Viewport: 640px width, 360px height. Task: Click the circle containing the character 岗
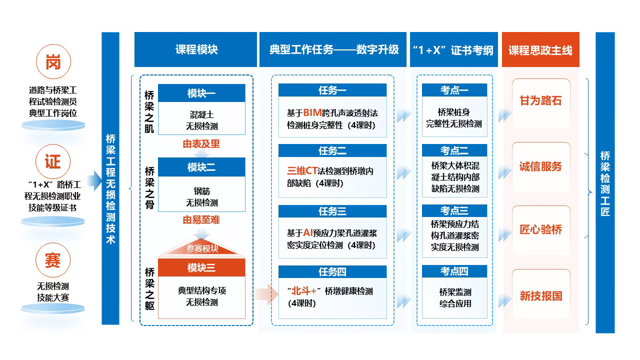[x=53, y=61]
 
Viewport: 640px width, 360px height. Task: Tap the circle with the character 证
[x=53, y=161]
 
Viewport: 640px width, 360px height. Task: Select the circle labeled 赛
[x=53, y=260]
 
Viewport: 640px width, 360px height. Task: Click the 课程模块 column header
[x=195, y=49]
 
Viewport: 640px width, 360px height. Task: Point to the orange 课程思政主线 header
[x=540, y=49]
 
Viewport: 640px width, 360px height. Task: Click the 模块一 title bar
[x=201, y=93]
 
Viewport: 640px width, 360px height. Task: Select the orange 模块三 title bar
[x=201, y=267]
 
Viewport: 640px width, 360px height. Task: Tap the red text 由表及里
[x=201, y=143]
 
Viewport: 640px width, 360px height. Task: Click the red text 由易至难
[x=201, y=219]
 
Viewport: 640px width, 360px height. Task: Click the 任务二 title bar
[x=332, y=150]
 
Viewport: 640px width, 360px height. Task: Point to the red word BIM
[x=312, y=113]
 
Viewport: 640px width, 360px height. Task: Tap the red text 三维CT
[x=302, y=171]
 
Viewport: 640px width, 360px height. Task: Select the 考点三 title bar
[x=454, y=210]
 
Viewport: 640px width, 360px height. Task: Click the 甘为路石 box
[x=541, y=103]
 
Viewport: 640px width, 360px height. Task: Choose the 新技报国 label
[x=541, y=295]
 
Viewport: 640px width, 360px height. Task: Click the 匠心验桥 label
[x=541, y=229]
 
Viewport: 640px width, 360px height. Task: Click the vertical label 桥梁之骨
[x=149, y=188]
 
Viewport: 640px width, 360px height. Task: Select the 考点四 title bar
[x=454, y=271]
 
